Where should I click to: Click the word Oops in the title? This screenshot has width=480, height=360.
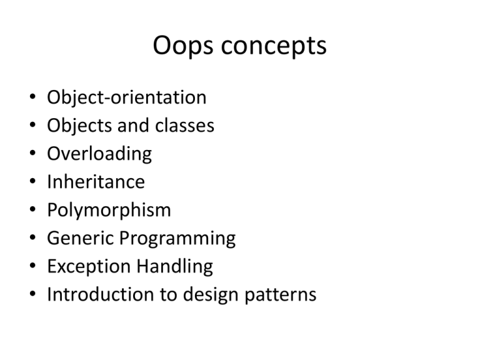(x=181, y=47)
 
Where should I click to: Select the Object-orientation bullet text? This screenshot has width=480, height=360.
(x=127, y=98)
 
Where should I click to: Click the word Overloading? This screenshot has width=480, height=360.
(x=99, y=154)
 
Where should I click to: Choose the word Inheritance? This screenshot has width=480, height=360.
(x=96, y=182)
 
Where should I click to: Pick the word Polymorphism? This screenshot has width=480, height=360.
(x=109, y=211)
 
